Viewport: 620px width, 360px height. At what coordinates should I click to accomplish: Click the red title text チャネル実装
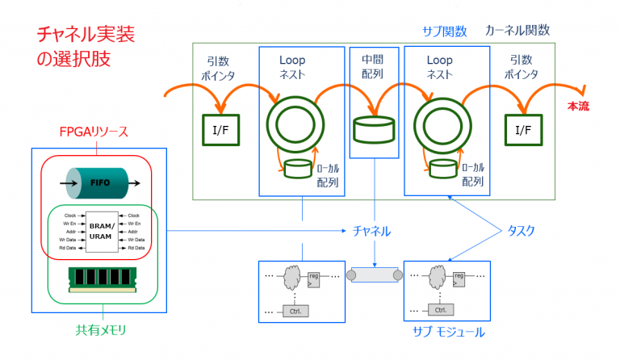tap(86, 35)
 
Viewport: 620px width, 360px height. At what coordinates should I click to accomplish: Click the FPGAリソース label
tap(94, 132)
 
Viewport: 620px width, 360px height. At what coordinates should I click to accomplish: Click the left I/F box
tap(220, 129)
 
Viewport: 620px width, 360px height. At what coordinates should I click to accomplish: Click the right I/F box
tap(523, 129)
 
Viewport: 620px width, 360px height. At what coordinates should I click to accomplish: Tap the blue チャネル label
tap(372, 231)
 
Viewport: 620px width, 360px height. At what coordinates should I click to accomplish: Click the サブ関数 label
tap(445, 31)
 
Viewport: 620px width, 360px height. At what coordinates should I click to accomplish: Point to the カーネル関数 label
tap(517, 31)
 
